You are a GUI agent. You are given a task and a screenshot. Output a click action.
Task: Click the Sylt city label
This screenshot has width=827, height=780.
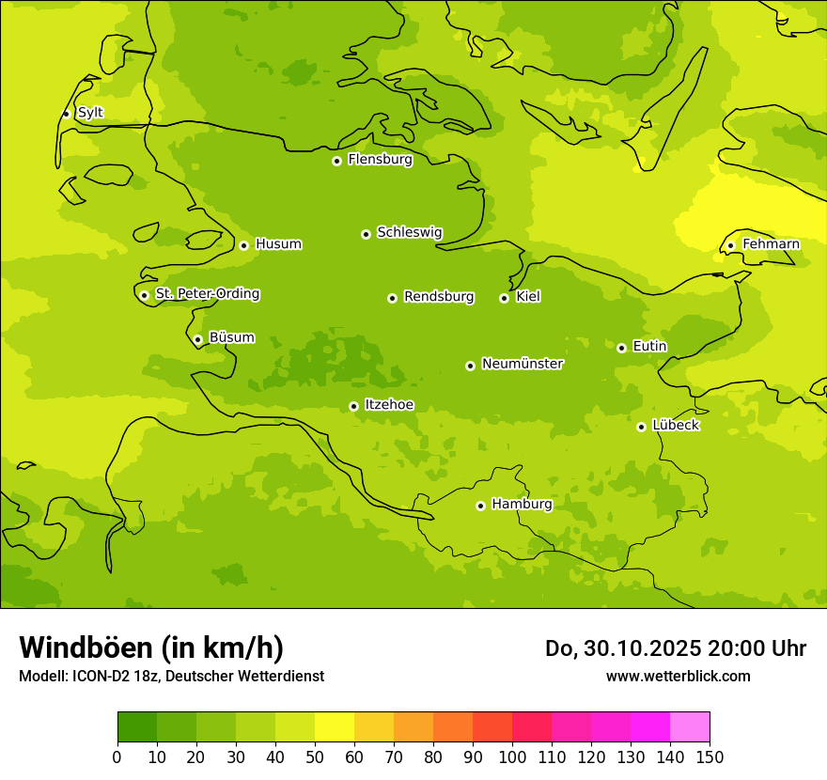(x=90, y=113)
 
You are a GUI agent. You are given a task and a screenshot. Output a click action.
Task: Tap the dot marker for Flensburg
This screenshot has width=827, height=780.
(x=336, y=161)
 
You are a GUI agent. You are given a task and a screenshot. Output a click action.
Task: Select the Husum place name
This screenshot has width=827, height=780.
(x=278, y=244)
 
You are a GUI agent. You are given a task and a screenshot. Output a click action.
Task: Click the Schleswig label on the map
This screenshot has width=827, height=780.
(x=409, y=232)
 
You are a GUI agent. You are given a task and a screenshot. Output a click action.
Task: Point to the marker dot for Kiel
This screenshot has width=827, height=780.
(x=504, y=298)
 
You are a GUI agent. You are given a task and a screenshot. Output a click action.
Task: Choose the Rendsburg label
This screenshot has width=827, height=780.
(x=438, y=297)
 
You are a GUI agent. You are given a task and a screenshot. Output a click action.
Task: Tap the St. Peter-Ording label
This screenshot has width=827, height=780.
(x=207, y=294)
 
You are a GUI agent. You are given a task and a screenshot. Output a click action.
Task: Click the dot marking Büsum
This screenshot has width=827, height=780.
(x=197, y=339)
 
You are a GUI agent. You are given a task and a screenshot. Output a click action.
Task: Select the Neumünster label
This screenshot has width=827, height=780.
(x=522, y=364)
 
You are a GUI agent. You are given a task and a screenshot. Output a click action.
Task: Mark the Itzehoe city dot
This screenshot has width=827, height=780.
(x=353, y=406)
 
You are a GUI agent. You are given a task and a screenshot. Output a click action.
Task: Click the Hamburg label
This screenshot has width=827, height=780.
(x=522, y=505)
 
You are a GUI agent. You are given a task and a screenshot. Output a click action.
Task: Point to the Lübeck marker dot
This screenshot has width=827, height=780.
(x=641, y=427)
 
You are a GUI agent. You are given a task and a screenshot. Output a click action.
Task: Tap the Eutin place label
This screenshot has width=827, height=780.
(x=649, y=347)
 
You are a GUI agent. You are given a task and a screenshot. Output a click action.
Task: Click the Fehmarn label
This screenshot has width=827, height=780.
(x=771, y=244)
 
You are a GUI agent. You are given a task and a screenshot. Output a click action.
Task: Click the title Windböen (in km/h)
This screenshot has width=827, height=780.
(x=151, y=647)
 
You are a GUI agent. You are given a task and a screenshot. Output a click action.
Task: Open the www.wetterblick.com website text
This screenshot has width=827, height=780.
(x=678, y=676)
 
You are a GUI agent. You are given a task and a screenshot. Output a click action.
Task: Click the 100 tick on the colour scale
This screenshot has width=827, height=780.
(x=512, y=757)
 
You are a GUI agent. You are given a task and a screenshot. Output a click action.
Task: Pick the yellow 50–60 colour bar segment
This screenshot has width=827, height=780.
(x=335, y=726)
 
